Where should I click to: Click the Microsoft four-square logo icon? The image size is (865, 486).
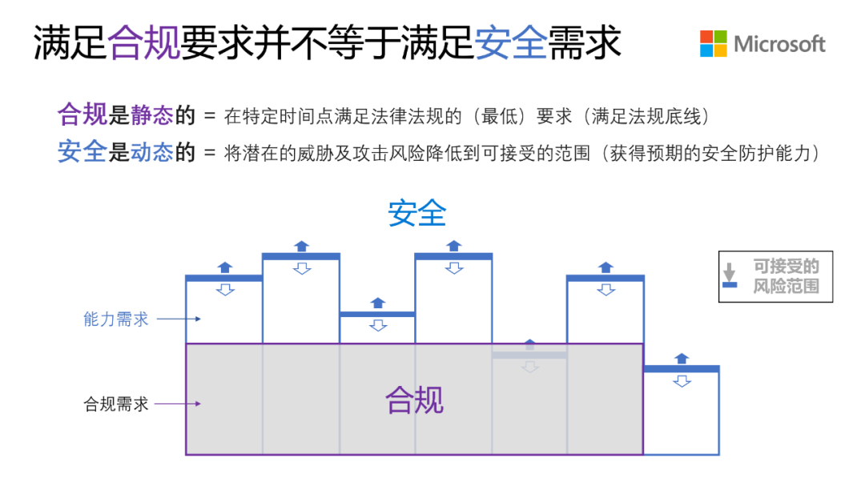[x=714, y=43]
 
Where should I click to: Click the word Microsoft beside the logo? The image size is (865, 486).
[x=779, y=44]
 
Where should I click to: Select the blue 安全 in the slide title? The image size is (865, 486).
[x=510, y=42]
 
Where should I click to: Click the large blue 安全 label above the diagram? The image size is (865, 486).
[x=416, y=213]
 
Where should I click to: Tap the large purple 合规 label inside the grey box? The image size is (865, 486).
[x=414, y=400]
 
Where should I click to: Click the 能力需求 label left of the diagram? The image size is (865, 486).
[x=116, y=319]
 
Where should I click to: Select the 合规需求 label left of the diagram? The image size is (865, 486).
[x=116, y=404]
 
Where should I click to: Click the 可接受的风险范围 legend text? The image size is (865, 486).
[x=786, y=276]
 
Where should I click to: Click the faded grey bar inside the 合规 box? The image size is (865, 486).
[x=529, y=355]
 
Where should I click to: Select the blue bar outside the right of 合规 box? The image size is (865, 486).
[x=681, y=369]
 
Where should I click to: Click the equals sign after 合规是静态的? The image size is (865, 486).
[x=210, y=117]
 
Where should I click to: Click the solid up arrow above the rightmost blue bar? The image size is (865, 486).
[x=682, y=358]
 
